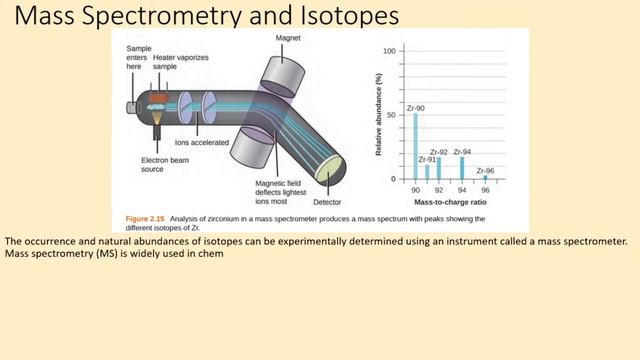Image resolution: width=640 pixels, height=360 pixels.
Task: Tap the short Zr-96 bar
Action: [x=485, y=177]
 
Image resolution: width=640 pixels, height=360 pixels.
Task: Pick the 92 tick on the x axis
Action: [x=438, y=189]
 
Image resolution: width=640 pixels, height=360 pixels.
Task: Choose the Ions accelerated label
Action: [x=202, y=143]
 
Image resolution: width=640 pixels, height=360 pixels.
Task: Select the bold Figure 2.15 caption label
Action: [x=145, y=217]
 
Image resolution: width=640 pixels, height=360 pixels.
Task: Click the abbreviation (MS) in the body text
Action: [x=104, y=253]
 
